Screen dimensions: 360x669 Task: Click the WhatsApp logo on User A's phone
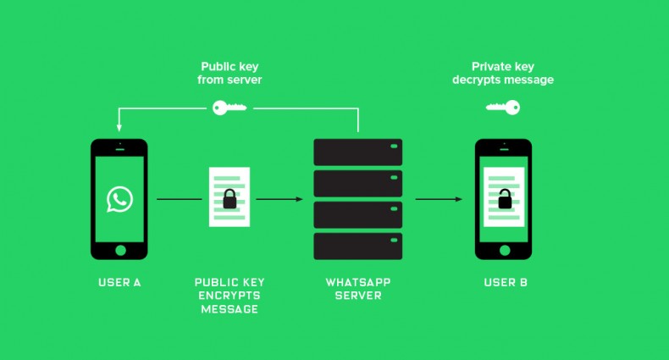point(119,199)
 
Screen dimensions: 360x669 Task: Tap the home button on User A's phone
point(119,250)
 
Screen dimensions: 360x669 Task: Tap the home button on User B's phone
point(503,250)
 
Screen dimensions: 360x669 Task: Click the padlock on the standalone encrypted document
point(229,199)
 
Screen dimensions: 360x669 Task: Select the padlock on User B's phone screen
point(504,200)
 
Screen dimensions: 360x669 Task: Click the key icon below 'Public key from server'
point(229,108)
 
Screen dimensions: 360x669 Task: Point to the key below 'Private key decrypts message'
point(502,108)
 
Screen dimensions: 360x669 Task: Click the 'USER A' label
point(119,281)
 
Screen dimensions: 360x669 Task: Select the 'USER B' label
point(503,281)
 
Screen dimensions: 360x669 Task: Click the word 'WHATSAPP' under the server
point(358,281)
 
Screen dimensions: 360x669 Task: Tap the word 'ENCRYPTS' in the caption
point(229,295)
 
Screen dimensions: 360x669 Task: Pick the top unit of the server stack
point(357,152)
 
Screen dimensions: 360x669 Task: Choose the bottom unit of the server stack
point(357,246)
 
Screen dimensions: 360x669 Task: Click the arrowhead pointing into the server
point(299,200)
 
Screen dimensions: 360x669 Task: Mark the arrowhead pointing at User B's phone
point(459,200)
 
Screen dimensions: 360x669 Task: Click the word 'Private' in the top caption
point(489,65)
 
